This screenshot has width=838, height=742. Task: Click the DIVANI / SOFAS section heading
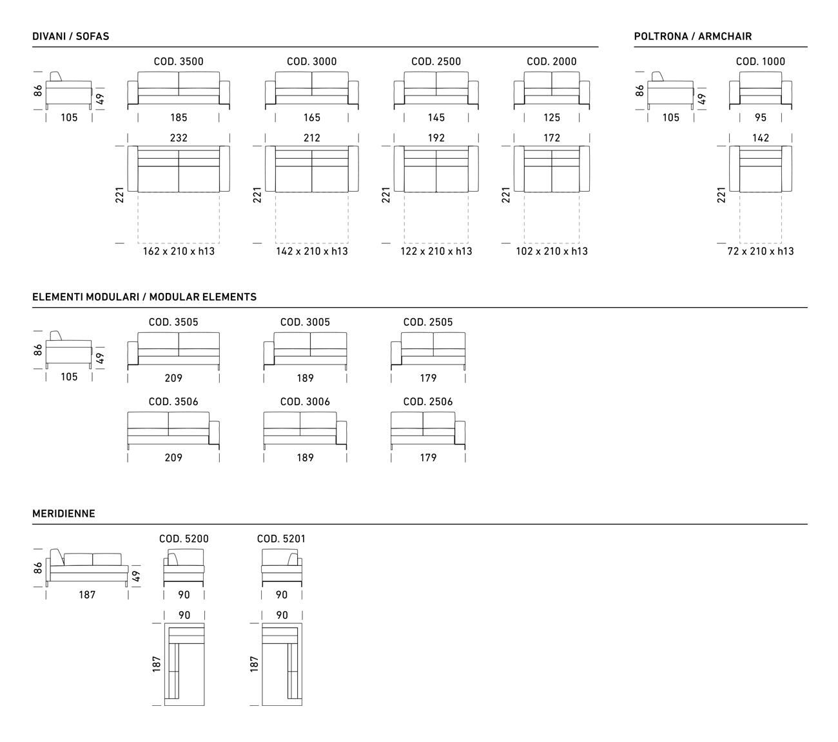pos(71,36)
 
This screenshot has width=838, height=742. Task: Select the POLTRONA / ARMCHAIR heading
pos(693,36)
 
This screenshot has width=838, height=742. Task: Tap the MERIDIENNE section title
pos(64,514)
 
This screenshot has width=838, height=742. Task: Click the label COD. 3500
pos(179,62)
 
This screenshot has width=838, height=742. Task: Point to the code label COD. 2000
pos(552,62)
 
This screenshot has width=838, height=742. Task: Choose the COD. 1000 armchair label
pos(761,62)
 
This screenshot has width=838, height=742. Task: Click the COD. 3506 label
pos(173,401)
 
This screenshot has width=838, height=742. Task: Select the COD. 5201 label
pos(281,539)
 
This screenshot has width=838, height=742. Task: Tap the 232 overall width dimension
pos(179,138)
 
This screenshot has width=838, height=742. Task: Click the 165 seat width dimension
pos(312,117)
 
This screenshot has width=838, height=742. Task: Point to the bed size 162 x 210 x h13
pos(179,252)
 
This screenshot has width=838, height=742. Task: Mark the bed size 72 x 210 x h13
pos(761,252)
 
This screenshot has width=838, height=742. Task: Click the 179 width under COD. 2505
pos(428,378)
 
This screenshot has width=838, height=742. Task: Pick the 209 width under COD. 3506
pos(173,457)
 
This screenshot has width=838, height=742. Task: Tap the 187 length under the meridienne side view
pos(87,595)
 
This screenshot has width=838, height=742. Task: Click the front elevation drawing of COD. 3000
pos(312,91)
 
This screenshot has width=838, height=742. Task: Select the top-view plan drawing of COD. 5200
pos(184,664)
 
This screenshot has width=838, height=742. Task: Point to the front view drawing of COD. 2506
pos(428,430)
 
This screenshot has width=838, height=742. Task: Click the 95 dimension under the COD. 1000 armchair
pos(761,117)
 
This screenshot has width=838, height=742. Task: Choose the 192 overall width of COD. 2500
pos(436,138)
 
